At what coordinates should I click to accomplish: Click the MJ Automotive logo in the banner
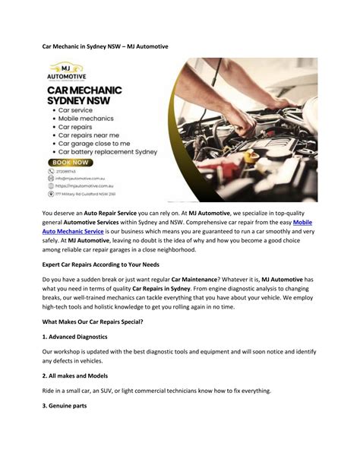pos(67,74)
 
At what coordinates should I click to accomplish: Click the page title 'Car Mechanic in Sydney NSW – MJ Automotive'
pos(105,46)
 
